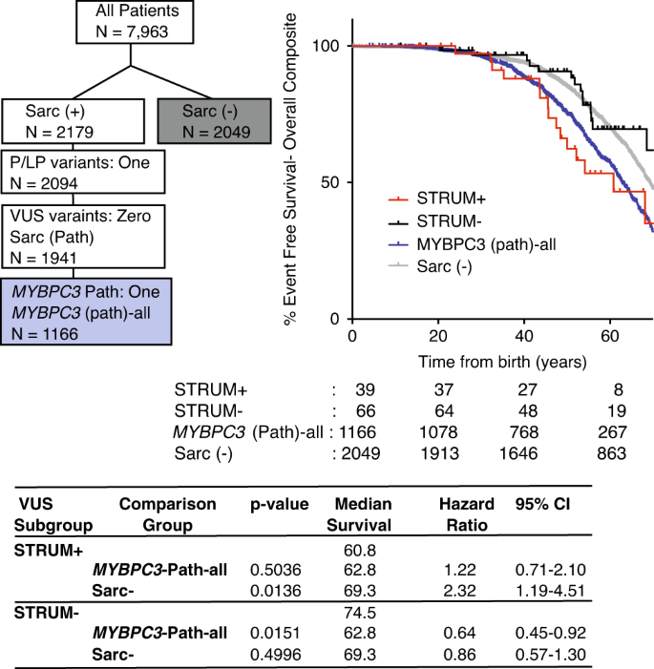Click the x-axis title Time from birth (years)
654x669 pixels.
coord(502,363)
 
